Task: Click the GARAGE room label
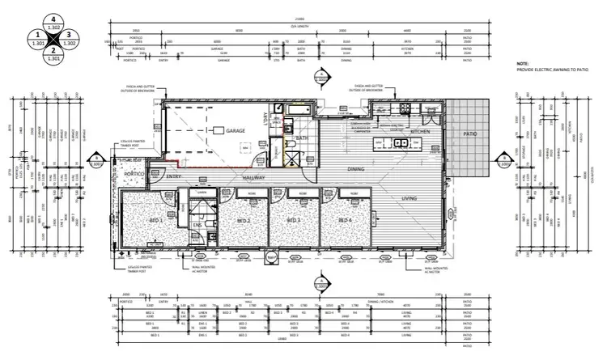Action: (236, 130)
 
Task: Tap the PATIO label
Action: (469, 134)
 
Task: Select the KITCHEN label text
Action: (420, 130)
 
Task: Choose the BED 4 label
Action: (344, 220)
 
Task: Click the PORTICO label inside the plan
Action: (133, 174)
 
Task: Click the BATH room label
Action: (303, 138)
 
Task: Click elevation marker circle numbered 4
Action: (53, 18)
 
